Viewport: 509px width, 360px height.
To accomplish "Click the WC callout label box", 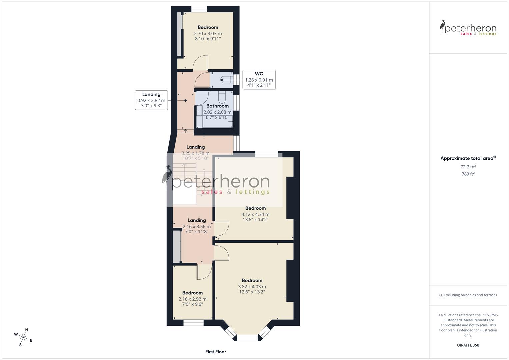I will (x=259, y=80).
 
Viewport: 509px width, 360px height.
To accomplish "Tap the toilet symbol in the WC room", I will (x=226, y=80).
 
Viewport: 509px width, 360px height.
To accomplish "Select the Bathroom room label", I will (x=217, y=106).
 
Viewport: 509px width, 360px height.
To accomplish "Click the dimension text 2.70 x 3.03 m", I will (x=208, y=33).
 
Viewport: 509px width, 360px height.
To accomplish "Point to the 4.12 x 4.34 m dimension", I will (x=255, y=214).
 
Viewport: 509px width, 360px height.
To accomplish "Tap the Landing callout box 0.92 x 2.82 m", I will (x=151, y=100).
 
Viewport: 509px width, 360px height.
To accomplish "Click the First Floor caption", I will (x=216, y=352).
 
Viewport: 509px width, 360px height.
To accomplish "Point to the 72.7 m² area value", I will (x=468, y=167).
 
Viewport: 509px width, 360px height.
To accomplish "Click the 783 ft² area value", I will (x=468, y=174).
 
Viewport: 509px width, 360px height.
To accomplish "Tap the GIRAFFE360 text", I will (x=468, y=345).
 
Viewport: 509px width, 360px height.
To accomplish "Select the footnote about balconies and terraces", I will (x=468, y=295).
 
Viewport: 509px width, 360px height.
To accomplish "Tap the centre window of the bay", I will (x=247, y=338).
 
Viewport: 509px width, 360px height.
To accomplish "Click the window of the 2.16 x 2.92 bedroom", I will (x=193, y=323).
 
